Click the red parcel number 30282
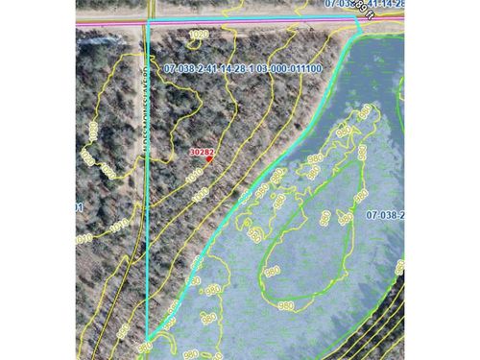coord(201,151)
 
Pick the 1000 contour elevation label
coord(201,195)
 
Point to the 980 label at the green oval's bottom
coord(285,305)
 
